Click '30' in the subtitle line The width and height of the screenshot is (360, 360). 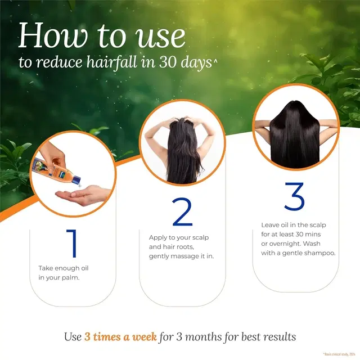tap(179, 62)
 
